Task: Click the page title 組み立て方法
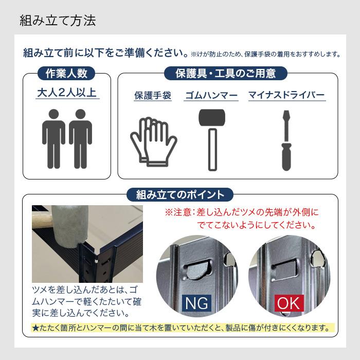pos(58,21)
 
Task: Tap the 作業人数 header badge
pos(66,74)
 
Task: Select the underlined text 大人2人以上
pos(68,94)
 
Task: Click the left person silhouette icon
pos(53,138)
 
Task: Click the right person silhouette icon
pos(81,138)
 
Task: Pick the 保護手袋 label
pos(153,96)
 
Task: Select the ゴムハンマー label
pos(211,96)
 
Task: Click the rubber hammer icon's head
pos(211,118)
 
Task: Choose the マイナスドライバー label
pos(286,96)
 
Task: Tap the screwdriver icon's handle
pos(286,157)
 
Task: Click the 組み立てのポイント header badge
pos(181,195)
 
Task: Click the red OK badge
pos(289,303)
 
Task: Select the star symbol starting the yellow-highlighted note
pos(34,328)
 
